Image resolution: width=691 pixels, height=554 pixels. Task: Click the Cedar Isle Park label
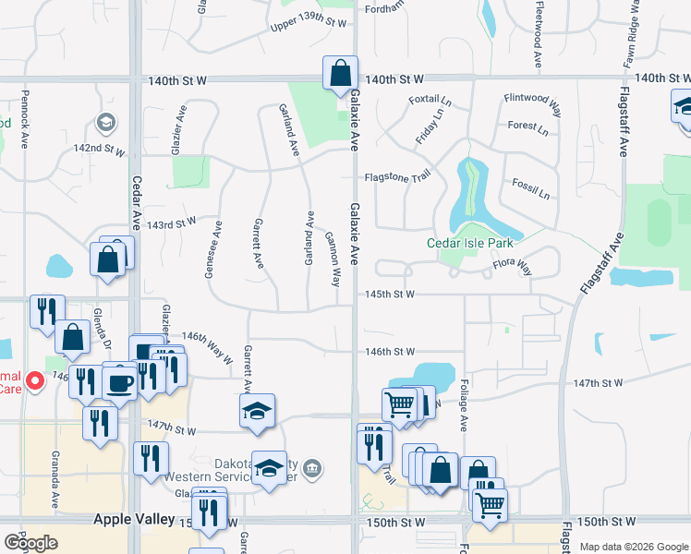click(x=469, y=244)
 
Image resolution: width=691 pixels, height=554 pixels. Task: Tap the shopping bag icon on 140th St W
click(x=340, y=72)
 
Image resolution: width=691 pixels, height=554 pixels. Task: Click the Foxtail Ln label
click(x=430, y=101)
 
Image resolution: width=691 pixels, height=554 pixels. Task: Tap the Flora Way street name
click(x=511, y=268)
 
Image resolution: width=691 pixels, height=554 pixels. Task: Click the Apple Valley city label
click(x=134, y=520)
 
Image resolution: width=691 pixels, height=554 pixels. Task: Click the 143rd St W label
click(x=172, y=223)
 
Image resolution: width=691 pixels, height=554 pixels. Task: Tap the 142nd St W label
click(x=100, y=148)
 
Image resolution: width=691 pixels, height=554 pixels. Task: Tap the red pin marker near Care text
click(x=34, y=379)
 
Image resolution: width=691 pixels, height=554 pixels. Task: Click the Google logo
click(x=30, y=543)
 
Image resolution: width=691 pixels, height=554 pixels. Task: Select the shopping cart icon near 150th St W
click(x=490, y=503)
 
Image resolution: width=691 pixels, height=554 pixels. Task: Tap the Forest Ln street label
click(x=527, y=127)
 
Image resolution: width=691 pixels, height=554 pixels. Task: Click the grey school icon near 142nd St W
click(x=105, y=122)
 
